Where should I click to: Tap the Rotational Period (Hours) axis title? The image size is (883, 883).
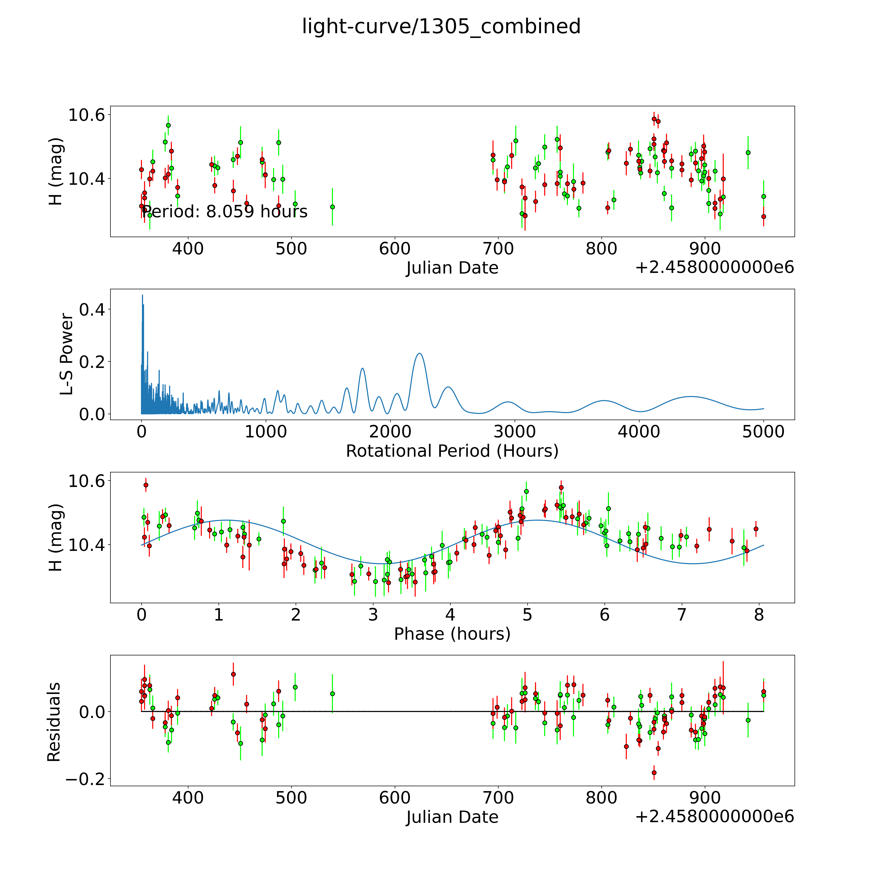(452, 451)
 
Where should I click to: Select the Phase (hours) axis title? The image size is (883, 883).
(452, 634)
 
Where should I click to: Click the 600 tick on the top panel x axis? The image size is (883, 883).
(395, 249)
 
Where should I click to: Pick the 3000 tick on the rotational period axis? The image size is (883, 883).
(515, 432)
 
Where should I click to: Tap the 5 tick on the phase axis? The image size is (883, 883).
(527, 615)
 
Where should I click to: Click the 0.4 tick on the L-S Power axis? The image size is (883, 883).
(92, 310)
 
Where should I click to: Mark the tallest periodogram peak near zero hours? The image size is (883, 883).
(142, 295)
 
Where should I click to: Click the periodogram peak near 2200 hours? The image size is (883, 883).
(420, 353)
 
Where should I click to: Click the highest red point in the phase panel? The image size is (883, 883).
(146, 485)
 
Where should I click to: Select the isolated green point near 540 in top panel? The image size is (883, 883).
(332, 207)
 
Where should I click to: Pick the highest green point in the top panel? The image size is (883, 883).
(168, 125)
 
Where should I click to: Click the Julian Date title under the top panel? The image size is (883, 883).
(452, 268)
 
